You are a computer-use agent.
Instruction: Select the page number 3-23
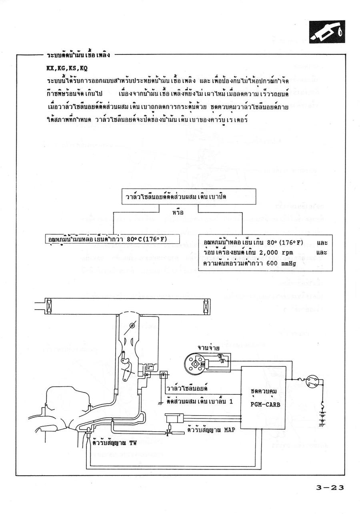330,488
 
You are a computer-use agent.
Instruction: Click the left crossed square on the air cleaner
48,306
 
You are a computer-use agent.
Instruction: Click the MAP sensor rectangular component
174,418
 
